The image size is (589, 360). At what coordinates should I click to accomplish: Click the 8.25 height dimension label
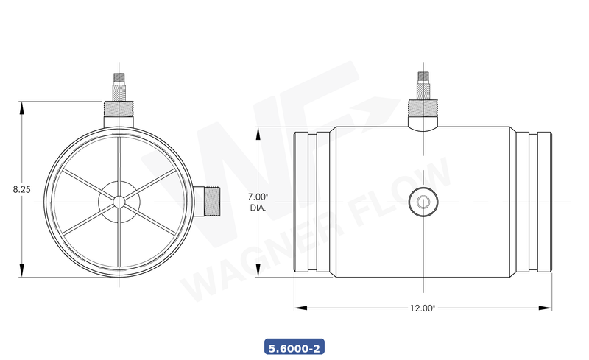click(21, 189)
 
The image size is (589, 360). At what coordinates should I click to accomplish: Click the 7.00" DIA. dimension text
click(258, 202)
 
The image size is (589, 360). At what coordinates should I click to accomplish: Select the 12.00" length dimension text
click(423, 308)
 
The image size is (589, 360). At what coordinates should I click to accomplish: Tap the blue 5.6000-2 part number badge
click(294, 346)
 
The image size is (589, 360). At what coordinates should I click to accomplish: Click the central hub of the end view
click(118, 201)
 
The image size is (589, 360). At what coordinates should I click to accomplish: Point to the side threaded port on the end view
click(210, 201)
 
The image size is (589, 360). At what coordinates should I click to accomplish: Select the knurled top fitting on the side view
click(423, 110)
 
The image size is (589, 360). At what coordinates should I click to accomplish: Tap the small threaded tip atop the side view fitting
click(423, 77)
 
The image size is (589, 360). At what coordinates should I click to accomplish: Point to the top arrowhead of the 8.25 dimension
click(22, 105)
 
